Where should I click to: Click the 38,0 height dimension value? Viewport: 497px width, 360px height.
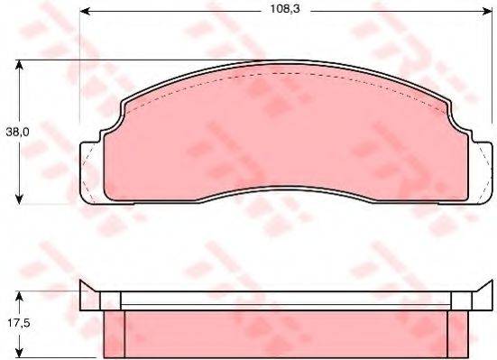coord(17,132)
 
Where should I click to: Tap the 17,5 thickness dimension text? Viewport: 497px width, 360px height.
coord(18,323)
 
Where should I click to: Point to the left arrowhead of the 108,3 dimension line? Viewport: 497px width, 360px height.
coord(85,12)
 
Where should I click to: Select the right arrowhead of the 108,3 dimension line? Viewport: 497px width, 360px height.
coord(486,12)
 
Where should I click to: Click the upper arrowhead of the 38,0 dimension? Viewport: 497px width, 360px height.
coord(19,65)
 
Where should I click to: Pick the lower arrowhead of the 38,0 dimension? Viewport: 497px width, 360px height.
coord(19,198)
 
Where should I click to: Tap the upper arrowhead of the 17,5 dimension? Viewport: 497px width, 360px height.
coord(19,297)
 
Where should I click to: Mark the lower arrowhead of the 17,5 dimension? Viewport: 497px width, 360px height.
coord(19,353)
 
